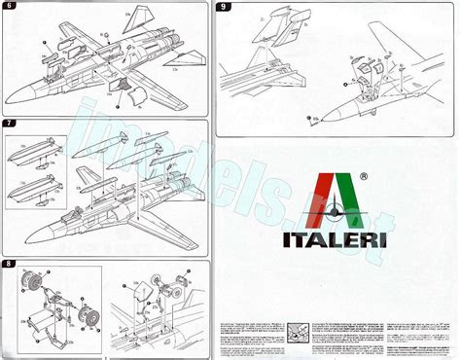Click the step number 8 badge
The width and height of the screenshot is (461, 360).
point(9,264)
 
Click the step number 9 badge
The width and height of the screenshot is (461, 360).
point(225,8)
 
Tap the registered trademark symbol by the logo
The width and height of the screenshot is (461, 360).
point(363,178)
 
